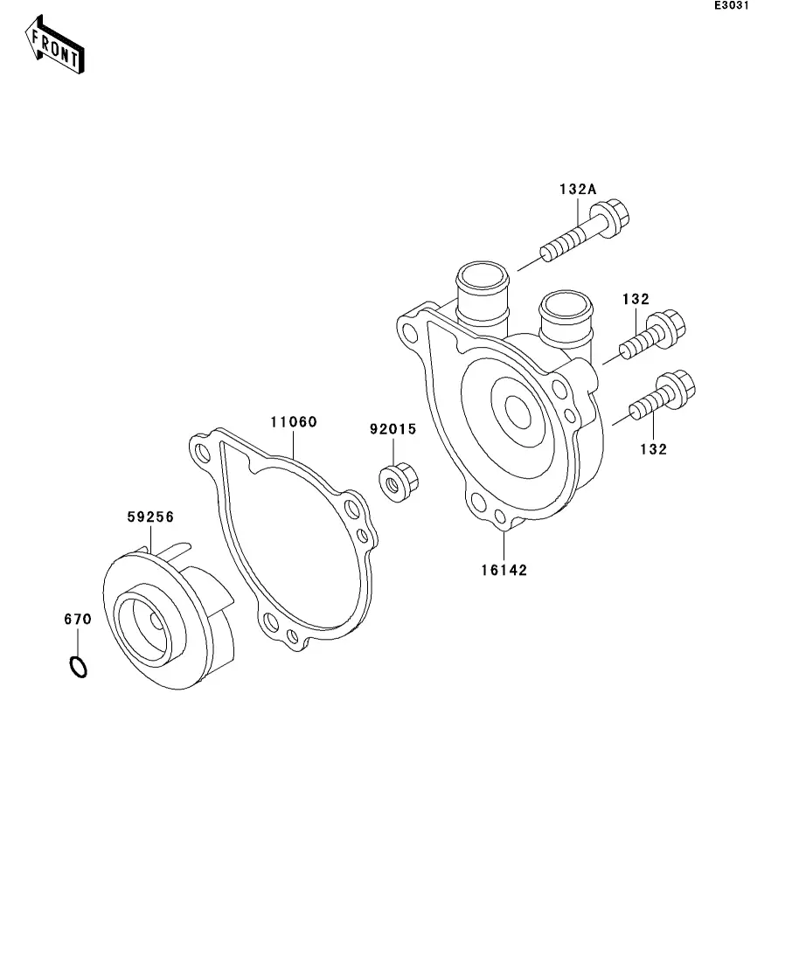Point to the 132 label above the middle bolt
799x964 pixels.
click(636, 299)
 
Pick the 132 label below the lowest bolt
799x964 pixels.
click(653, 449)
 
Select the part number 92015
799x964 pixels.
click(393, 430)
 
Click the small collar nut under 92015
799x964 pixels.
click(399, 480)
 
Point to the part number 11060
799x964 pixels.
click(293, 421)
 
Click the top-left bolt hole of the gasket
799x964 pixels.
click(204, 452)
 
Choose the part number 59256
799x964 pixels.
click(149, 517)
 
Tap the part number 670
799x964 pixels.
click(77, 619)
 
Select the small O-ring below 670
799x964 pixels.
click(78, 667)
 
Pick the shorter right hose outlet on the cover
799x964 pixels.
click(565, 320)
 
